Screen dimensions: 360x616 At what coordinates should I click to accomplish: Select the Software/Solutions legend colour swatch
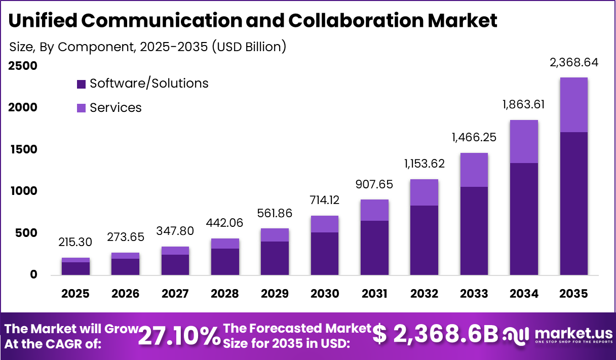pyautogui.click(x=81, y=84)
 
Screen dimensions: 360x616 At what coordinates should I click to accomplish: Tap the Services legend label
pyautogui.click(x=115, y=108)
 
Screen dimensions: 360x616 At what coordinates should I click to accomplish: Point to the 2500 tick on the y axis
pyautogui.click(x=22, y=66)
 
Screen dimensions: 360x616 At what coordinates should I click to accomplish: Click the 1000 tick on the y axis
pyautogui.click(x=22, y=191)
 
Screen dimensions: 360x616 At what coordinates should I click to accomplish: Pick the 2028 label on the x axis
pyautogui.click(x=225, y=294)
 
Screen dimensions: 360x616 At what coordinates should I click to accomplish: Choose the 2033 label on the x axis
pyautogui.click(x=474, y=294)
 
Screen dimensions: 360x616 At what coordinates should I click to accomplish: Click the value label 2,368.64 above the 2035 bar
pyautogui.click(x=574, y=63)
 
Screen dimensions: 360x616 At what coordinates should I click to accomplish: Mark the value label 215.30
pyautogui.click(x=75, y=243)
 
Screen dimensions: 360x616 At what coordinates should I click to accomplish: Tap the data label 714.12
pyautogui.click(x=325, y=201)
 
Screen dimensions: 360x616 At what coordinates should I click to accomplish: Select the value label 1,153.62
pyautogui.click(x=425, y=164)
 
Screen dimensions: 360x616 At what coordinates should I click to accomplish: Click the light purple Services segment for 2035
pyautogui.click(x=574, y=105)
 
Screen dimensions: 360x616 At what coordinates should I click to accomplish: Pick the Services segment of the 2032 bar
pyautogui.click(x=425, y=192)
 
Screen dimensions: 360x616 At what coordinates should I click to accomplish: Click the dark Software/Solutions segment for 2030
pyautogui.click(x=325, y=253)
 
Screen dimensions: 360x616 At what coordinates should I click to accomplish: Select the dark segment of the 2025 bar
pyautogui.click(x=75, y=268)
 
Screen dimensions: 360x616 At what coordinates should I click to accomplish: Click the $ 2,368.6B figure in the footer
pyautogui.click(x=436, y=335)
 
